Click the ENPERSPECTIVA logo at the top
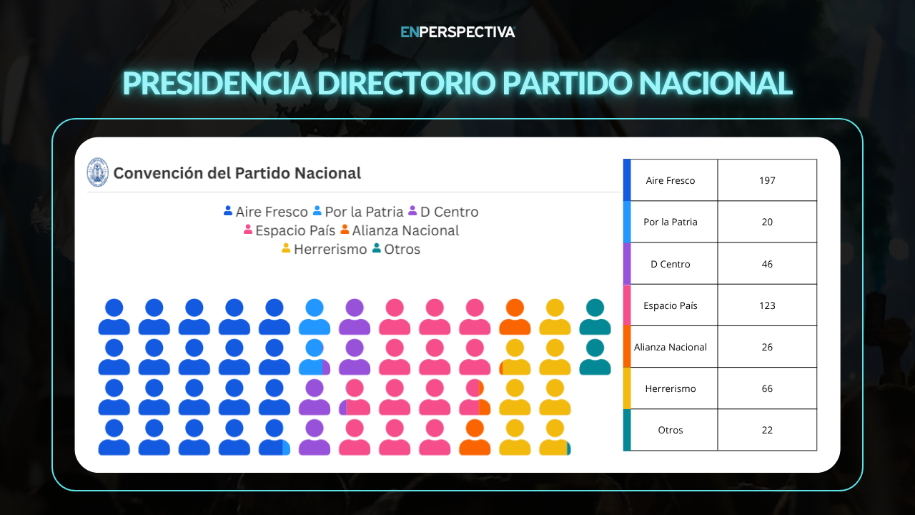pos(457,32)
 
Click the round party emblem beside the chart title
pos(98,172)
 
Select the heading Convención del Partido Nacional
pos(237,173)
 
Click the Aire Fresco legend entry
pos(265,212)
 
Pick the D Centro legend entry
pos(443,212)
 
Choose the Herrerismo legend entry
pos(325,249)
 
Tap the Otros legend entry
pos(396,249)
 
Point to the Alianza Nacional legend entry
pos(400,230)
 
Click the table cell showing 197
pos(767,180)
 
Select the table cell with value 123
pos(767,305)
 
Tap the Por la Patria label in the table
pos(671,222)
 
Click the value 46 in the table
pos(767,264)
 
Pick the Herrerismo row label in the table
pos(671,388)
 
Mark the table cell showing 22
pos(767,430)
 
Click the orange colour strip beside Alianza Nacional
pos(627,347)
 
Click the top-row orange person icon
pos(515,317)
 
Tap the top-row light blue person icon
pos(315,317)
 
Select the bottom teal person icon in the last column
pos(595,357)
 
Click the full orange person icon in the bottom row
pos(475,437)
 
